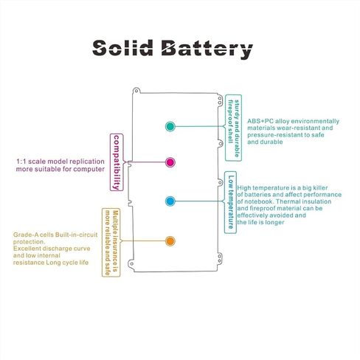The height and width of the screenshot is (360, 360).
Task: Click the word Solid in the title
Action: tap(122, 47)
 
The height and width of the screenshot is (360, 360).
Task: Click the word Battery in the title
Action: tap(207, 49)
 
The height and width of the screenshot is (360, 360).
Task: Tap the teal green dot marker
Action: tap(170, 126)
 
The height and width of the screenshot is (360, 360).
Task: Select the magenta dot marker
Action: tap(170, 162)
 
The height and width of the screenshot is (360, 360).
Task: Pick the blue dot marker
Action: tap(170, 201)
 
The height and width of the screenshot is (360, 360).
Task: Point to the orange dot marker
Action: tap(170, 241)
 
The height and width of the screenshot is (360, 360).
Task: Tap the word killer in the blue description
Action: tap(321, 188)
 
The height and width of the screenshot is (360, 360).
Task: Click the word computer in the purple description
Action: tap(89, 170)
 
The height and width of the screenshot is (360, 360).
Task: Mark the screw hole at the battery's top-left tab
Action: tap(136, 91)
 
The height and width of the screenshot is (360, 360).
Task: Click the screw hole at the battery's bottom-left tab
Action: tap(132, 264)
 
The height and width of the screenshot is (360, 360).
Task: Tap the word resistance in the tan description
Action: tap(29, 263)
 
